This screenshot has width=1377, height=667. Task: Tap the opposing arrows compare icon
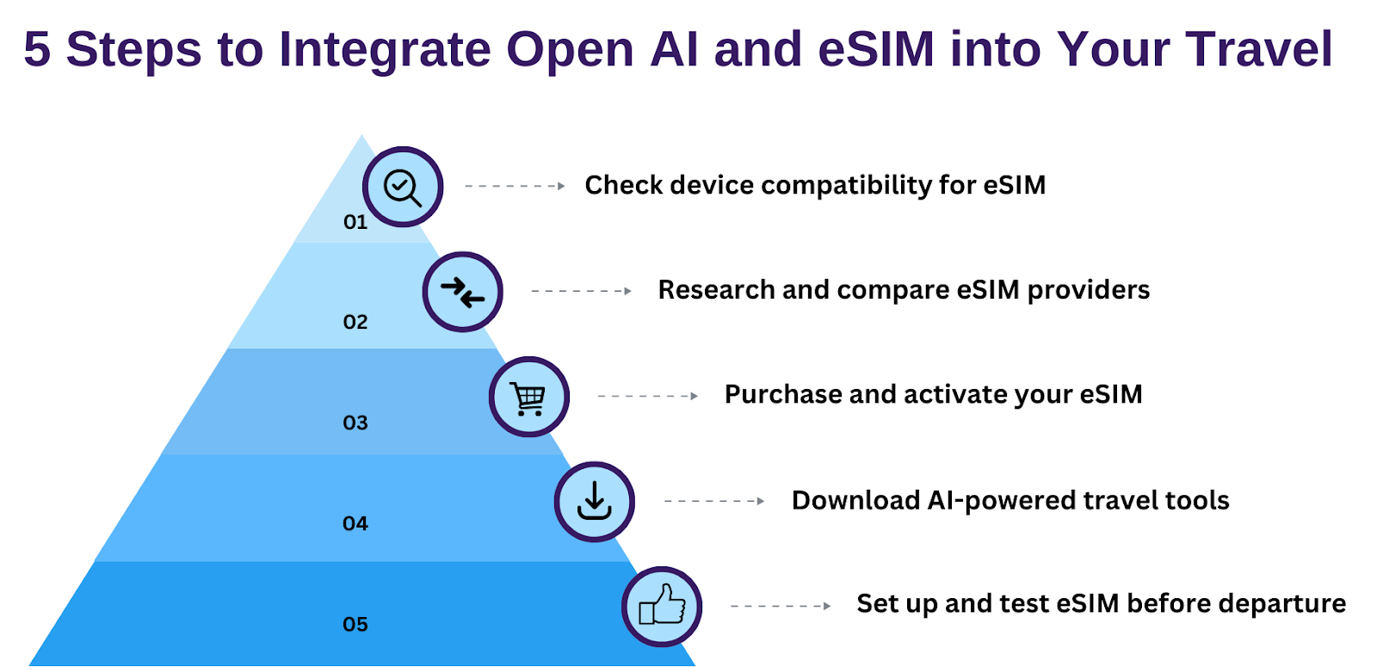[462, 293]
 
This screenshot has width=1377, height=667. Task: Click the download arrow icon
[595, 501]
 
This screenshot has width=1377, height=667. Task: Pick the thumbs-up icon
[662, 606]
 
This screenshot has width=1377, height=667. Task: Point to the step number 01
[355, 222]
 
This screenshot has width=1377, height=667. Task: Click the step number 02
[355, 322]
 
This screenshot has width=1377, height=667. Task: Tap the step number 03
[355, 423]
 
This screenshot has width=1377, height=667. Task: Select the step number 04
[355, 524]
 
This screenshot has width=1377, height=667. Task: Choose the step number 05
[355, 625]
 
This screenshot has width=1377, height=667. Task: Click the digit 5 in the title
[37, 49]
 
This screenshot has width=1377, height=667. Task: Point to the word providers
[1088, 291]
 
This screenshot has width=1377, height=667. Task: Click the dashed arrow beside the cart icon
[647, 397]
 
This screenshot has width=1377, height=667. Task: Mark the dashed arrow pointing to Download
[714, 502]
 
